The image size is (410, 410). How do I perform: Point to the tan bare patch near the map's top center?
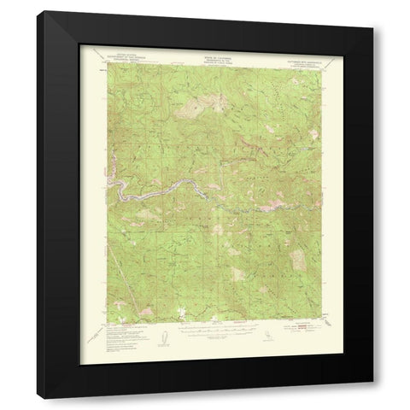195,108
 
